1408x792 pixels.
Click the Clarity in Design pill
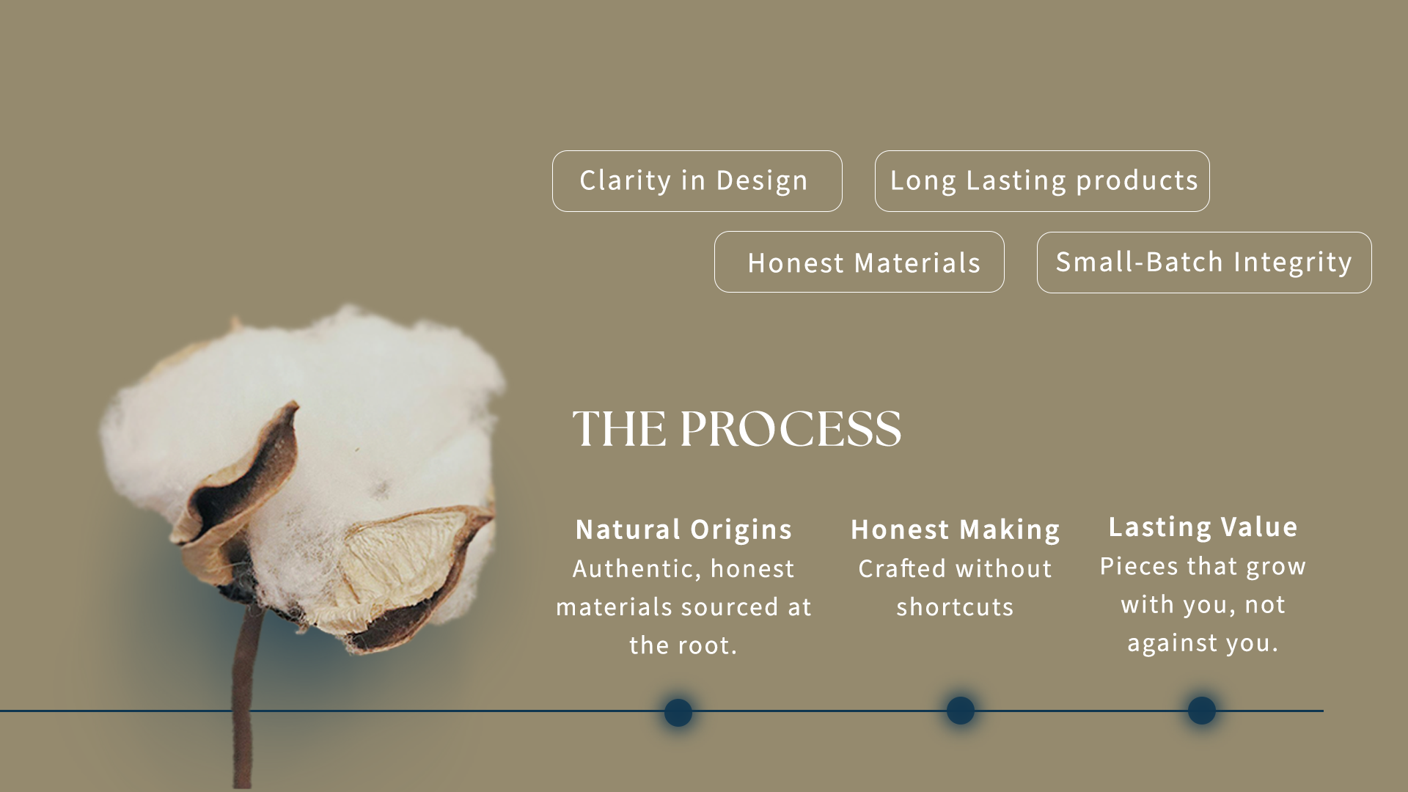697,181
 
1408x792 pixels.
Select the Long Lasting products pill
1042,181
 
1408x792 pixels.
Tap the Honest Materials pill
859,262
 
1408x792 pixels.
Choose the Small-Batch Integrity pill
1204,263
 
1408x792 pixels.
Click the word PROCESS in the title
791,429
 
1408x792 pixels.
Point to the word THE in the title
620,429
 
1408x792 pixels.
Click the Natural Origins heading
683,530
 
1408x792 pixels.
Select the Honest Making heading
956,530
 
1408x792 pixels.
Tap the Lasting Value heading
1203,527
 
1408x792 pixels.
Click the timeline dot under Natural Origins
678,712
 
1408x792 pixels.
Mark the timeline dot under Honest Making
961,711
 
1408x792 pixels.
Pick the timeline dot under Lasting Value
1202,711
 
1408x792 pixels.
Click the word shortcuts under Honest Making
955,607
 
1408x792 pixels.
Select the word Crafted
902,569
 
